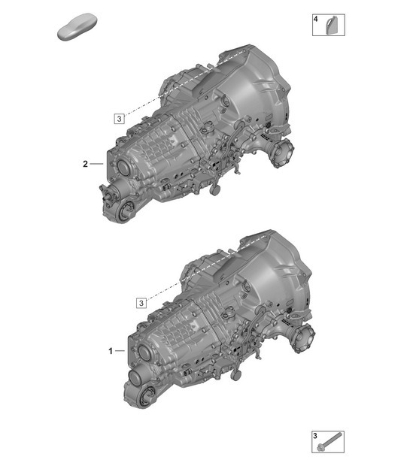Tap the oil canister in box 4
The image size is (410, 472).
click(330, 27)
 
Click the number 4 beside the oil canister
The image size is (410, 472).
click(316, 19)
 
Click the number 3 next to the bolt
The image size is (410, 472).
click(315, 437)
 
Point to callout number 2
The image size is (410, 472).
click(86, 163)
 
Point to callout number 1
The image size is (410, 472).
click(111, 351)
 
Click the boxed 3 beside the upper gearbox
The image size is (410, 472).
click(118, 118)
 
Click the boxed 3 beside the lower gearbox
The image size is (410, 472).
click(141, 303)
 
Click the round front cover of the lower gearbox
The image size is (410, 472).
click(141, 355)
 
